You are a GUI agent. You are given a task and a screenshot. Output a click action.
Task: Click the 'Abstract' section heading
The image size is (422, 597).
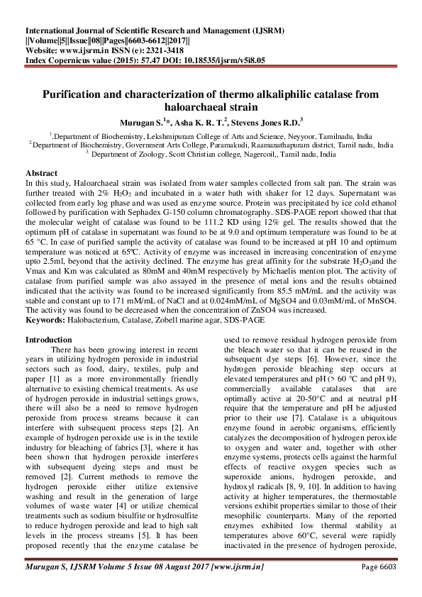pyautogui.click(x=42, y=173)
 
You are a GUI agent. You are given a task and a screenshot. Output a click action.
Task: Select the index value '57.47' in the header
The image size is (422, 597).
pyautogui.click(x=133, y=61)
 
